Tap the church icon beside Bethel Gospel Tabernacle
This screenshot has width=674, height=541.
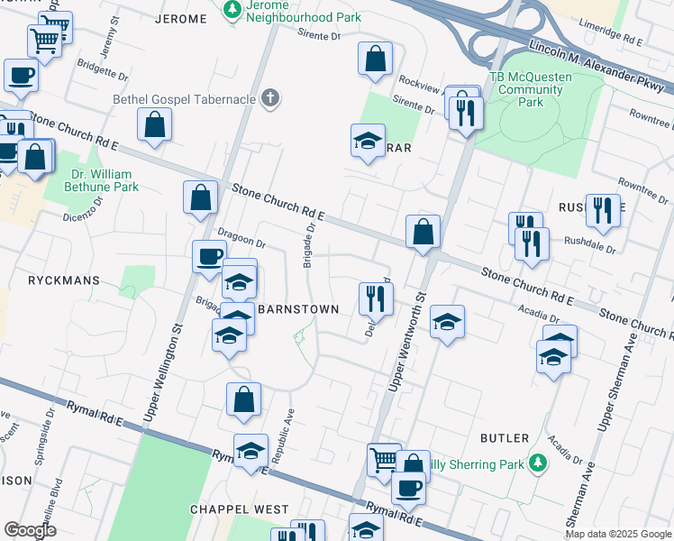click(269, 99)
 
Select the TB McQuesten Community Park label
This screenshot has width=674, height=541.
click(531, 89)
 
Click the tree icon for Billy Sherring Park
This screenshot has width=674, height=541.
click(538, 463)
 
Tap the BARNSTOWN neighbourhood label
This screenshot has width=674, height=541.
click(298, 309)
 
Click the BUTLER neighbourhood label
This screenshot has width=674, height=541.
click(505, 438)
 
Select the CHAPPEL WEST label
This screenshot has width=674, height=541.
click(226, 509)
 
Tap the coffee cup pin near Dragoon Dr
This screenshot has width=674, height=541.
click(209, 257)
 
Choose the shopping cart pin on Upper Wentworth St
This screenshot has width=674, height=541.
click(384, 459)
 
